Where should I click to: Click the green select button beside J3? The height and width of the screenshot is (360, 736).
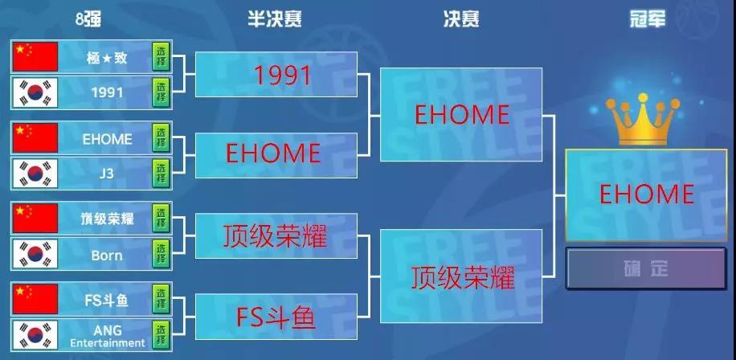tap(161, 174)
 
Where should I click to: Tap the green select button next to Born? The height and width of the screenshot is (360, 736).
tap(161, 254)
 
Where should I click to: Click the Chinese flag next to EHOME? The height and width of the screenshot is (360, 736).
tap(35, 138)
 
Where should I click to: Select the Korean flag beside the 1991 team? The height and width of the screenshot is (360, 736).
tap(35, 92)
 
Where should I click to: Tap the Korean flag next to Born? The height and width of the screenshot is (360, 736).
tap(35, 254)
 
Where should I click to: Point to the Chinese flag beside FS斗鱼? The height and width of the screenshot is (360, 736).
tap(35, 299)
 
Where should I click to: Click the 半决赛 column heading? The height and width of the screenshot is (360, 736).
tap(275, 18)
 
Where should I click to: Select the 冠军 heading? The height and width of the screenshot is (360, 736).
tap(648, 18)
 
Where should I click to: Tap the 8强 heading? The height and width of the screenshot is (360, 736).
tap(88, 18)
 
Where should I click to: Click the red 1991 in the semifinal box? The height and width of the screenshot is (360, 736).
tap(283, 75)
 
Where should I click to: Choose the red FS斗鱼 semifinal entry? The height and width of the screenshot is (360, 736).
tap(276, 318)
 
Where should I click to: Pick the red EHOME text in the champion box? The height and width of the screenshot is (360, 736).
tap(647, 194)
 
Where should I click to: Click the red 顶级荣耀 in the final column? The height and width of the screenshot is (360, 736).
tap(463, 277)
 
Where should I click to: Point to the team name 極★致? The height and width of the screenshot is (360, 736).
tap(107, 58)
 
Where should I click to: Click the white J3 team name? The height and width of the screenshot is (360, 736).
tap(107, 174)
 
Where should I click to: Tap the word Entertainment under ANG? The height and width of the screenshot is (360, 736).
tap(108, 343)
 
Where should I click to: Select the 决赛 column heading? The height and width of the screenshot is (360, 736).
tap(461, 18)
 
